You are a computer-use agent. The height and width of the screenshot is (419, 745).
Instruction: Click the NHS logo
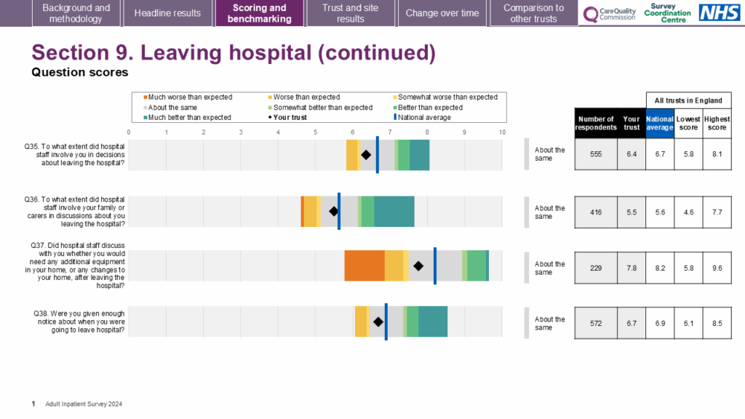[x=720, y=12]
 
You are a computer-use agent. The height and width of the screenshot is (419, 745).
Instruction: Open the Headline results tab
[x=167, y=13]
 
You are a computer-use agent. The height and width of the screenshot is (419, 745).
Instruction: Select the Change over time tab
[x=442, y=13]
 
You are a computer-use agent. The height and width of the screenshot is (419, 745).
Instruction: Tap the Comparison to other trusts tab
[x=533, y=13]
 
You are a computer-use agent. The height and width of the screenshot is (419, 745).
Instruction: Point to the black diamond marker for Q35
[x=366, y=154]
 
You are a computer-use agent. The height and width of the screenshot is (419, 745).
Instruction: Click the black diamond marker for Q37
[x=418, y=266]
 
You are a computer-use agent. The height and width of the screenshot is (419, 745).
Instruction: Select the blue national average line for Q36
[x=339, y=212]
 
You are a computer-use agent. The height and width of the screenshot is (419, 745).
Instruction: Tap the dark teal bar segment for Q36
[x=394, y=212]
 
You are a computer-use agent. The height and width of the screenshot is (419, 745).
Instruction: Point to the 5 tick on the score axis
[x=316, y=132]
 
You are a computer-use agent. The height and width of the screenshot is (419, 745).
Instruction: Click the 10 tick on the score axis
[x=502, y=132]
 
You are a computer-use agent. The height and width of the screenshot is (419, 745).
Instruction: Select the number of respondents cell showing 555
[x=596, y=154]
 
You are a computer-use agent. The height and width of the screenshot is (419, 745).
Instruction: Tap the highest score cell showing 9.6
[x=717, y=268]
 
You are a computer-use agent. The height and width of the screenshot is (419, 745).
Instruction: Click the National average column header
[x=660, y=122]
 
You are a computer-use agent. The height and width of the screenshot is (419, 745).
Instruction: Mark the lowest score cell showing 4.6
[x=688, y=212]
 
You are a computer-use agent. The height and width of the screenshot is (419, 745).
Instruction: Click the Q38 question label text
[x=79, y=322]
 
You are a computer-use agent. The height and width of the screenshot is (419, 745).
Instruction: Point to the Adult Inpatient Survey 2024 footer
[x=84, y=403]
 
